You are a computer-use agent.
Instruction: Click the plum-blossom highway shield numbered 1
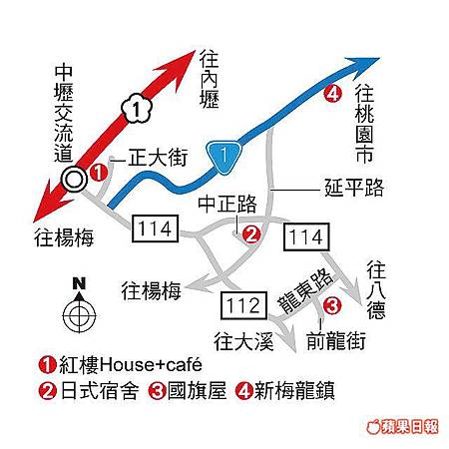pyautogui.click(x=137, y=109)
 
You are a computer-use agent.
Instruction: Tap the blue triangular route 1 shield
pyautogui.click(x=224, y=157)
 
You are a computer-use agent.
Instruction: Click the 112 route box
pyautogui.click(x=243, y=305)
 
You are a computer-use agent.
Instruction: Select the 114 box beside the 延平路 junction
pyautogui.click(x=306, y=236)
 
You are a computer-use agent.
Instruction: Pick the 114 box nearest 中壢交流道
pyautogui.click(x=156, y=228)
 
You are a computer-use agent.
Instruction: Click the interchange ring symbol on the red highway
pyautogui.click(x=74, y=180)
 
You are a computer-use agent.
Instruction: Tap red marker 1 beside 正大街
pyautogui.click(x=99, y=173)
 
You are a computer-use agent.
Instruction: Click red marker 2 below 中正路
pyautogui.click(x=250, y=234)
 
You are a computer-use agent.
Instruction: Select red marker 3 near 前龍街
pyautogui.click(x=332, y=305)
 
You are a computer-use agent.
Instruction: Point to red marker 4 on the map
pyautogui.click(x=332, y=94)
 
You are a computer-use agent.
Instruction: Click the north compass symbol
pyautogui.click(x=79, y=306)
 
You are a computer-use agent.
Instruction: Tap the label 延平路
pyautogui.click(x=354, y=188)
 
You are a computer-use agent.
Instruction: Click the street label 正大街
pyautogui.click(x=158, y=157)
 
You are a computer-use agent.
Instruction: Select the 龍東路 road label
pyautogui.click(x=305, y=291)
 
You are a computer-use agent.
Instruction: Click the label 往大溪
pyautogui.click(x=243, y=341)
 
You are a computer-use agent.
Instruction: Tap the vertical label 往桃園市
pyautogui.click(x=364, y=124)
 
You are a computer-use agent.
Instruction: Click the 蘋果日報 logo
pyautogui.click(x=402, y=427)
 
